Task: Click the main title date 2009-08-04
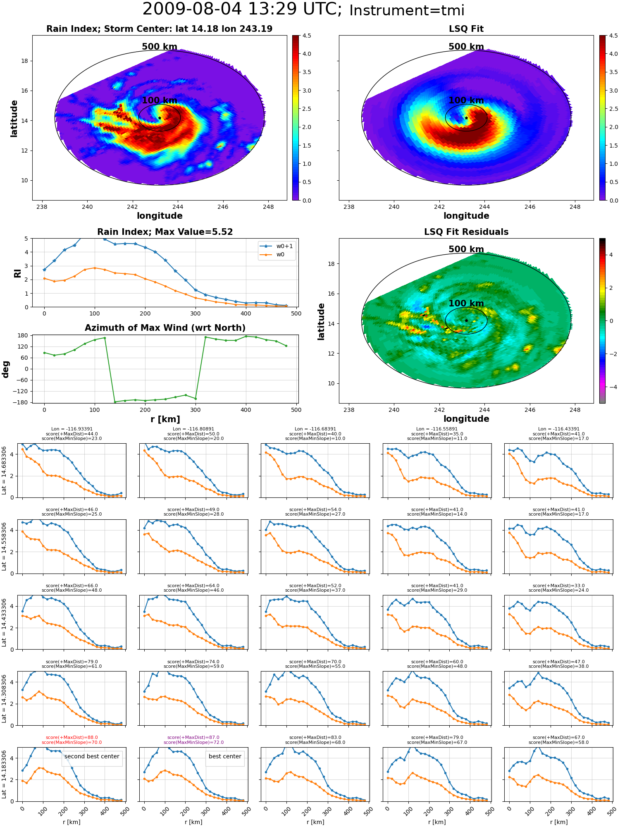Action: click(x=192, y=9)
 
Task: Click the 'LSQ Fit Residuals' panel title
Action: click(x=466, y=232)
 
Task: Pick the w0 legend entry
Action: click(x=273, y=255)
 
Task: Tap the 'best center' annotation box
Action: click(x=225, y=756)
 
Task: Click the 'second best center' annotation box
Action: click(x=92, y=756)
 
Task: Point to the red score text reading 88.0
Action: click(x=72, y=737)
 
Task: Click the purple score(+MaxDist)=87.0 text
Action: click(x=193, y=737)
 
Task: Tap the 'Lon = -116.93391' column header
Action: click(x=72, y=429)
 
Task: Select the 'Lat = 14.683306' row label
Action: click(x=4, y=471)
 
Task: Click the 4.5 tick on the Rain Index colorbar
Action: click(x=307, y=36)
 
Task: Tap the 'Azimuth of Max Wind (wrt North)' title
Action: click(x=165, y=328)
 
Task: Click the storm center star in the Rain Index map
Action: click(x=160, y=118)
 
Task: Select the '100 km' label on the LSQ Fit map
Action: click(x=466, y=100)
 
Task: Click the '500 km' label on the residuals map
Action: click(x=466, y=249)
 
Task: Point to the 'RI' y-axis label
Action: click(x=17, y=273)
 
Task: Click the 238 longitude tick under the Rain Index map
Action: click(x=42, y=207)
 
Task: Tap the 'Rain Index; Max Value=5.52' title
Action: click(x=165, y=232)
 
